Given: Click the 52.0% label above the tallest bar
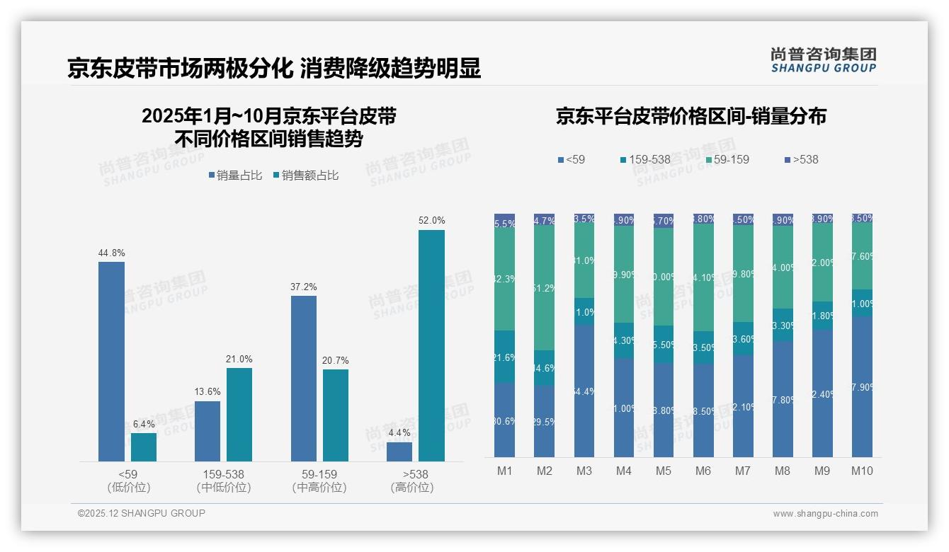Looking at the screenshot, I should point(431,221).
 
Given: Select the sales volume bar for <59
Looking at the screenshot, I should point(111,361).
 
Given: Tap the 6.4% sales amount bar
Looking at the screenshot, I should point(144,447).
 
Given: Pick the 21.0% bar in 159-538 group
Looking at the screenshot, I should point(239,415).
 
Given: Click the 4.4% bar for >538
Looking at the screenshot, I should point(399,452).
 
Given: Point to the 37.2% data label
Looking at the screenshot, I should point(303,287).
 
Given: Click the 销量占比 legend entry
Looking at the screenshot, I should point(238,176).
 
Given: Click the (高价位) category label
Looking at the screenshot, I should point(412,488).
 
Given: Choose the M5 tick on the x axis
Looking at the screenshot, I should point(663,471).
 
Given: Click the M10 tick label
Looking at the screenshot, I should point(861,471).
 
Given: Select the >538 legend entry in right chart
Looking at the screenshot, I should point(801,160).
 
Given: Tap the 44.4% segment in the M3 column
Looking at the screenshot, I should point(584,391).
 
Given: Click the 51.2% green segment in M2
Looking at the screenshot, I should point(545,287).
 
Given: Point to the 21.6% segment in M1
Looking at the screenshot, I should point(505,357).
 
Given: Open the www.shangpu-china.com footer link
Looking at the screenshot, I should point(825,514).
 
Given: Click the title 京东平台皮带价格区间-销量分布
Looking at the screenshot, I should point(691,117).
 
